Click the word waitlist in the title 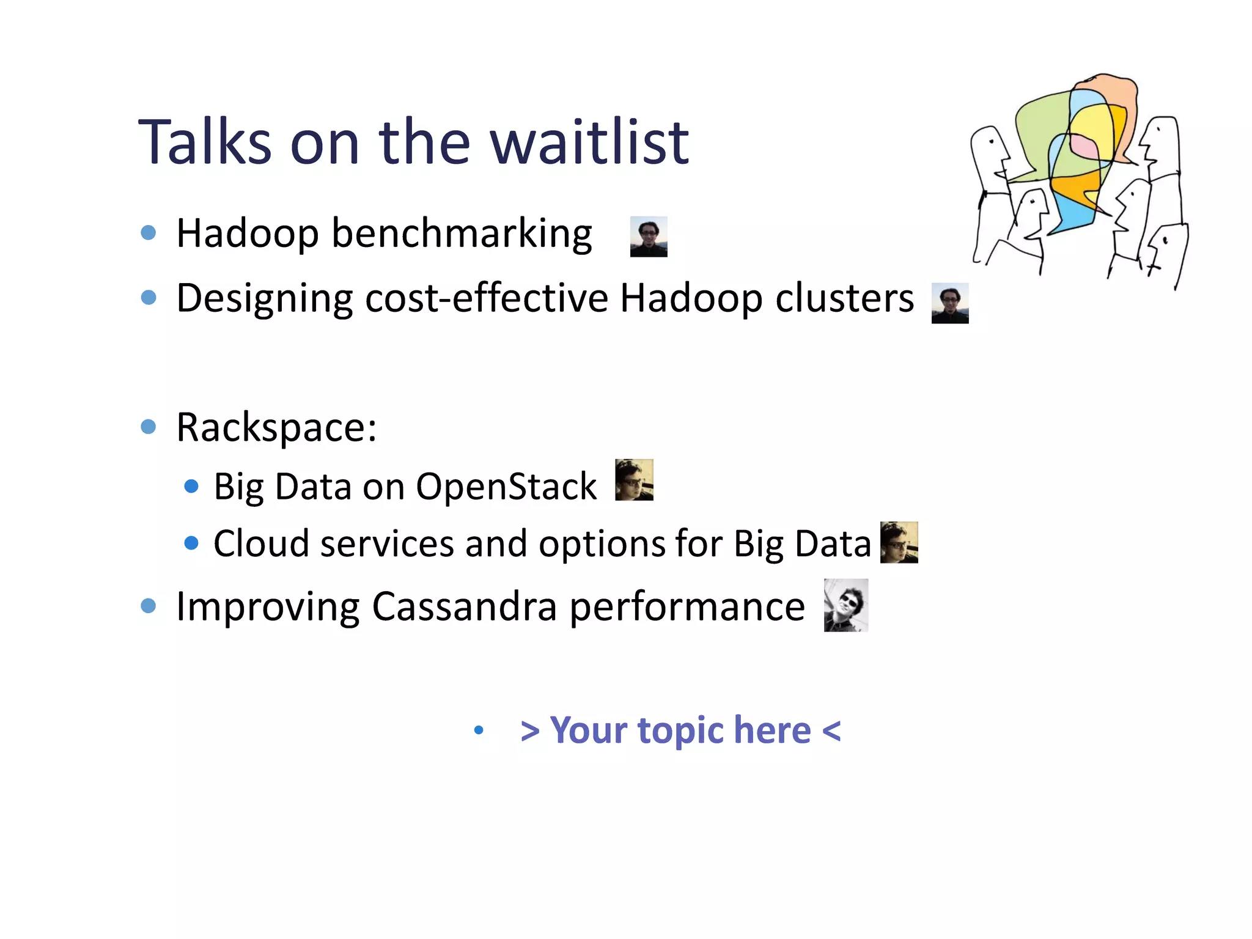tap(589, 142)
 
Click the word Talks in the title tap(205, 142)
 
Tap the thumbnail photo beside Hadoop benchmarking tap(649, 237)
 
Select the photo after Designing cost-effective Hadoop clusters tap(949, 303)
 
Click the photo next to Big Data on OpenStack tap(634, 480)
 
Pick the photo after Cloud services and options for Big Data tap(899, 542)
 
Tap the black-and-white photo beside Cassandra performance tap(845, 605)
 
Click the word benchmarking tap(462, 234)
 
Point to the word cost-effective tap(486, 298)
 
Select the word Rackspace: tap(276, 427)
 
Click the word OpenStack tap(506, 487)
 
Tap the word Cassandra tap(464, 606)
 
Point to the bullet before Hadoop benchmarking tap(149, 232)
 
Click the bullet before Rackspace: tap(149, 426)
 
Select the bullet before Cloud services tap(191, 543)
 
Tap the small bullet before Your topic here tap(479, 729)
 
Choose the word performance tap(687, 608)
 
